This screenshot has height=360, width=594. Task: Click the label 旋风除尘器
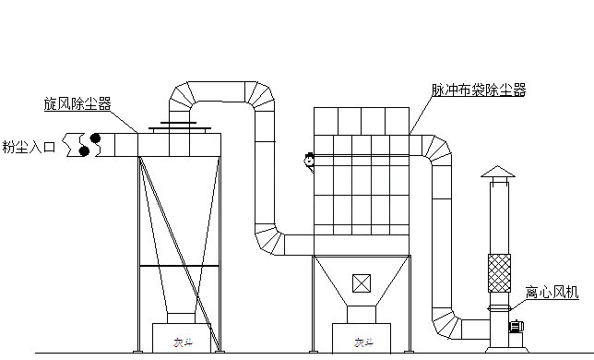[77, 104]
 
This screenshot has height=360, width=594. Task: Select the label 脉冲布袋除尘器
[479, 90]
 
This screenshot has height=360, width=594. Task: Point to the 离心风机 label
[552, 293]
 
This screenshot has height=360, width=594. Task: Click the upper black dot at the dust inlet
[95, 138]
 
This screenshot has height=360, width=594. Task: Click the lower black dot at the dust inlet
[84, 151]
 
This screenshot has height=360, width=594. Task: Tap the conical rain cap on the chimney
[498, 174]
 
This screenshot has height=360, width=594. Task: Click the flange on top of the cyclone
[179, 125]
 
